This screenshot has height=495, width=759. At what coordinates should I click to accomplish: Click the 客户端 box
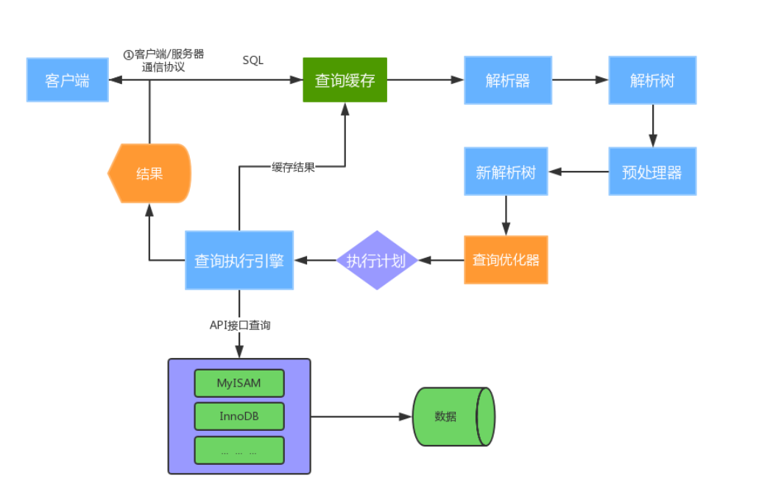[67, 80]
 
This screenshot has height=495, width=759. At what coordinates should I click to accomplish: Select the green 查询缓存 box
[345, 80]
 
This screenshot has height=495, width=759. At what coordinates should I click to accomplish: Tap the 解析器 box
[507, 80]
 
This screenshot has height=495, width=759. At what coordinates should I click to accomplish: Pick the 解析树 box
[652, 80]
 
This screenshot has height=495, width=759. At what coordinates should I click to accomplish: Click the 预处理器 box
[652, 172]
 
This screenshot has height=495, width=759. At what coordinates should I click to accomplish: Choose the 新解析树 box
[506, 172]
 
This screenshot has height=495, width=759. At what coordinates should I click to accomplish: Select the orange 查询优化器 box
[505, 260]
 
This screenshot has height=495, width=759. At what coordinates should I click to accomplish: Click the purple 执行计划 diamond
[377, 260]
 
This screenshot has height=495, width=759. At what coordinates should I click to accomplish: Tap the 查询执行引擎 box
[239, 260]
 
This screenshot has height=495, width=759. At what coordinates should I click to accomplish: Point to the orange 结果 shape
[149, 173]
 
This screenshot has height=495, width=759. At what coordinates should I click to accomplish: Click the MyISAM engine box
[239, 383]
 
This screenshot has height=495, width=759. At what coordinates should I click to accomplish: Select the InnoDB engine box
[239, 416]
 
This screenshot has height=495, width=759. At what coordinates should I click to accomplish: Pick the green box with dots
[239, 450]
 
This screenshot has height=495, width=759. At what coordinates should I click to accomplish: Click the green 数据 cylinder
[452, 416]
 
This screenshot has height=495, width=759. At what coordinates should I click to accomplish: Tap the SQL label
[253, 60]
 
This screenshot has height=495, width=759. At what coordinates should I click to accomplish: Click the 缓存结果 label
[293, 166]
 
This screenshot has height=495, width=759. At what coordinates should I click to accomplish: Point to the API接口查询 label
[240, 324]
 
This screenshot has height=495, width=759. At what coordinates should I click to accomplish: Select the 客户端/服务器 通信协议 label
[163, 60]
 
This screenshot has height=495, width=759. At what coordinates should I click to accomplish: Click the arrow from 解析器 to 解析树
[580, 80]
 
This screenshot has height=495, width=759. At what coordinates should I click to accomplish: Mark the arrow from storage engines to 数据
[361, 416]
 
